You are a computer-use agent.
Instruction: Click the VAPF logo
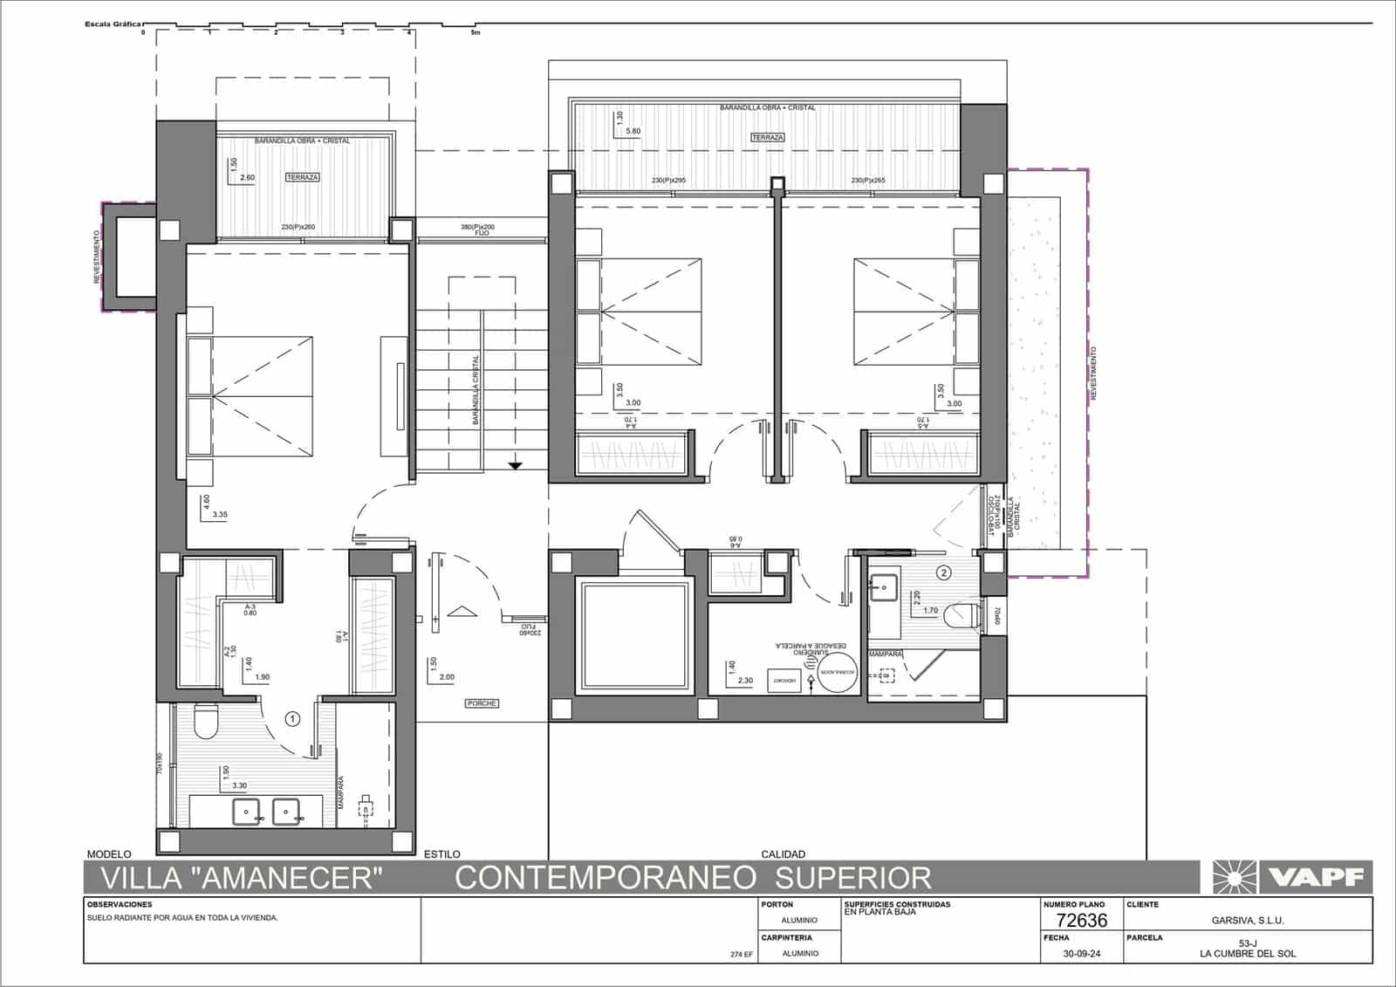(x=1291, y=876)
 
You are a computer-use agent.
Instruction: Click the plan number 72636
(x=1081, y=921)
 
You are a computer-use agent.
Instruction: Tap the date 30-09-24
(x=1082, y=954)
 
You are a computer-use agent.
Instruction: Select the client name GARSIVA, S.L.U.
(x=1248, y=921)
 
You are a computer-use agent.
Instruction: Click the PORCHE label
(x=482, y=703)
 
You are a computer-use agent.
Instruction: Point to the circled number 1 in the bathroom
(x=293, y=719)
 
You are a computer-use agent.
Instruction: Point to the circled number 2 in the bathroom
(x=943, y=573)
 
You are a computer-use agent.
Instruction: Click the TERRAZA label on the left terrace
(x=303, y=177)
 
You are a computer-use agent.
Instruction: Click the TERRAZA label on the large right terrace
(x=768, y=138)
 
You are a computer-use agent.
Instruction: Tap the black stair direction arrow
(x=515, y=465)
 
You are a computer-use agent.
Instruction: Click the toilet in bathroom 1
(x=206, y=723)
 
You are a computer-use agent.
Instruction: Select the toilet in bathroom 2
(x=963, y=616)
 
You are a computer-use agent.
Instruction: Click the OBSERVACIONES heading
(x=120, y=905)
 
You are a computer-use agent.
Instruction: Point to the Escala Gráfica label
(x=112, y=24)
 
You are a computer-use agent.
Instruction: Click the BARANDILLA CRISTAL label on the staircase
(x=476, y=389)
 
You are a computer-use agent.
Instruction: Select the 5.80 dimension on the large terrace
(x=633, y=131)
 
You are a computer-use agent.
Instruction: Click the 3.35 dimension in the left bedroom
(x=219, y=515)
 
